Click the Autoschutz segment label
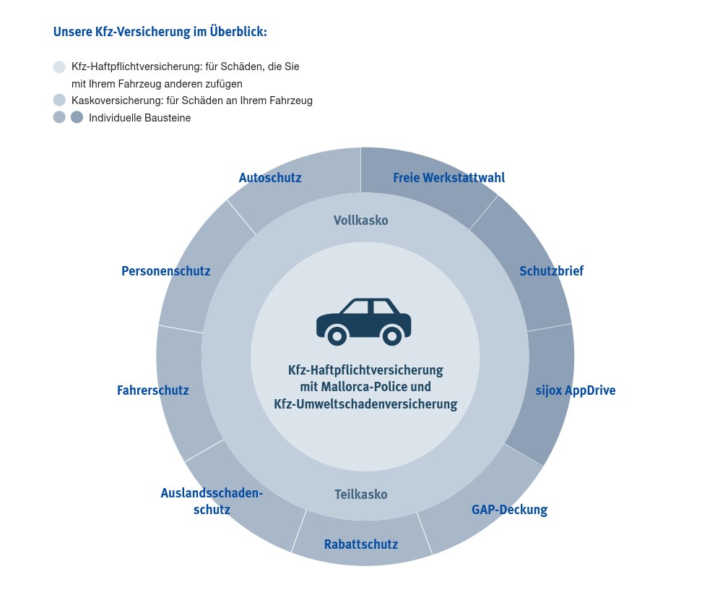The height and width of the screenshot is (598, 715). tap(270, 178)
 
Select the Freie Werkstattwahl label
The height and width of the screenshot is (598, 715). tap(448, 178)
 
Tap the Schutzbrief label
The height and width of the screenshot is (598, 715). tap(551, 270)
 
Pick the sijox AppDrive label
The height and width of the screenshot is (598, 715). tap(576, 390)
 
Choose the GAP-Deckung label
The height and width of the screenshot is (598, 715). tap(509, 510)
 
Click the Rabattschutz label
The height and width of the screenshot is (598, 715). tap(360, 544)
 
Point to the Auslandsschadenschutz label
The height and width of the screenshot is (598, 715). tap(212, 501)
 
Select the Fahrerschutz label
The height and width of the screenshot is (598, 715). tap(153, 390)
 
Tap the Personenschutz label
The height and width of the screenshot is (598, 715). tap(166, 270)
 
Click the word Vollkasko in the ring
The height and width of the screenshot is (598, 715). tap(360, 221)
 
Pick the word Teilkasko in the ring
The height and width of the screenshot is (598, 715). tap(360, 495)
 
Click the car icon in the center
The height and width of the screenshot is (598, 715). tap(364, 321)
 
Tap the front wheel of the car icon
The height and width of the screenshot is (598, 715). tap(337, 336)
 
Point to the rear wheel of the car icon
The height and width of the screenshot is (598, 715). tap(391, 336)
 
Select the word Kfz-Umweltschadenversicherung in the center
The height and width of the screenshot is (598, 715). tap(365, 404)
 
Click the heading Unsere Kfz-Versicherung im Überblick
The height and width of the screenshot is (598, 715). tap(160, 32)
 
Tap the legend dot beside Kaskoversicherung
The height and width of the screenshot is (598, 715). tap(59, 100)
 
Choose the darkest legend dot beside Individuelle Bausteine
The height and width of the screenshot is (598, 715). tap(77, 117)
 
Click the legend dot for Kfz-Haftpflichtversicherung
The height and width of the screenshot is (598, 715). tap(59, 67)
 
